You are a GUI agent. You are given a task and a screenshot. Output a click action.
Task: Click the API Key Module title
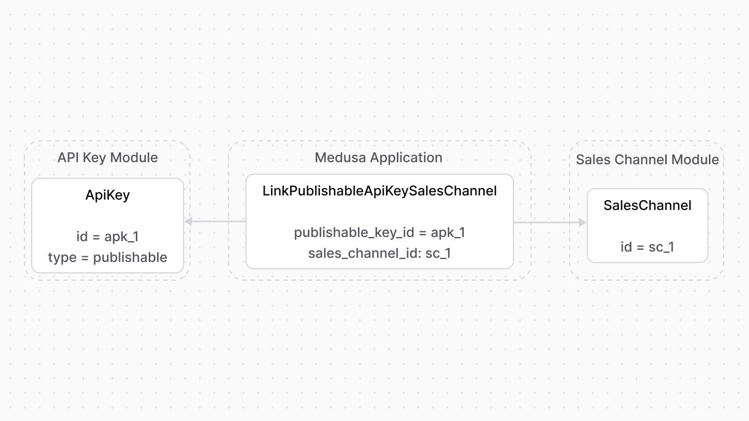coord(108,157)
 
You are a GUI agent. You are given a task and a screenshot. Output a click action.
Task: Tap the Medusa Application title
coord(379,157)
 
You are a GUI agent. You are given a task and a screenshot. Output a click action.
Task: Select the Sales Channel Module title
coord(647,160)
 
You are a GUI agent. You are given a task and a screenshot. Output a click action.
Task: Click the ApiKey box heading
coord(108,195)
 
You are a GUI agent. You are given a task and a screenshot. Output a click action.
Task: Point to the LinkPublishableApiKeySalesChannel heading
coord(380,191)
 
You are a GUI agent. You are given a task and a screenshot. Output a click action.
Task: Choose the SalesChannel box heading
coord(647,205)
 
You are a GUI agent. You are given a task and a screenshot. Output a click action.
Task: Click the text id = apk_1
coord(108,236)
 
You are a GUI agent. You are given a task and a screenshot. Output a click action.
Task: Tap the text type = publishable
coord(108,257)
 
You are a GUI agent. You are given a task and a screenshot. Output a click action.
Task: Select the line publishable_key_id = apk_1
coord(380,232)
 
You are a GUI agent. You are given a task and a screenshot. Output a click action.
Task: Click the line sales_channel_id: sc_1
coord(380,253)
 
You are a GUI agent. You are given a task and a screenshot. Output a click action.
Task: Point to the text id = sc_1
coord(647,247)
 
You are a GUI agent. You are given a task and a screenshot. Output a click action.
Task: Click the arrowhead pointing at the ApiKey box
coord(188,221)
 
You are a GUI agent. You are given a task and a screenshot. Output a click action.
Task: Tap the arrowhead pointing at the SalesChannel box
coord(583,222)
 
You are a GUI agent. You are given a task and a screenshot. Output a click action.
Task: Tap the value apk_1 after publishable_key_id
coord(448,232)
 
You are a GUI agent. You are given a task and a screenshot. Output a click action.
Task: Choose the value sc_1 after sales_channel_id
coord(438,253)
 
